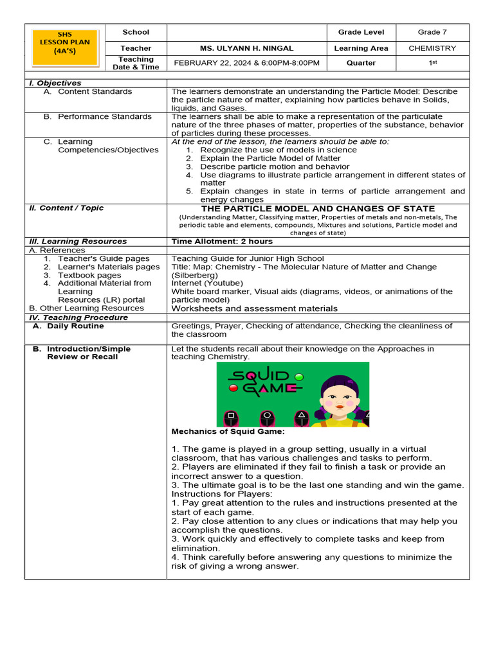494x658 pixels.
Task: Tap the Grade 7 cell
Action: click(x=432, y=32)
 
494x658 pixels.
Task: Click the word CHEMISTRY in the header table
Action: click(x=432, y=48)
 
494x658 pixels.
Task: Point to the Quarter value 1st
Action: click(x=432, y=63)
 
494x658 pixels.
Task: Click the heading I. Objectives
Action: click(x=55, y=83)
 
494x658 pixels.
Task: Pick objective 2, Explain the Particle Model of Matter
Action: click(x=270, y=158)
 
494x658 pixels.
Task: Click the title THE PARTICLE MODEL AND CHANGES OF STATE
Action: click(x=318, y=209)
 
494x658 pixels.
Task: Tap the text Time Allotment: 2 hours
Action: click(x=222, y=242)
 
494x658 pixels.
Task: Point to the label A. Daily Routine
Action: click(x=75, y=326)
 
